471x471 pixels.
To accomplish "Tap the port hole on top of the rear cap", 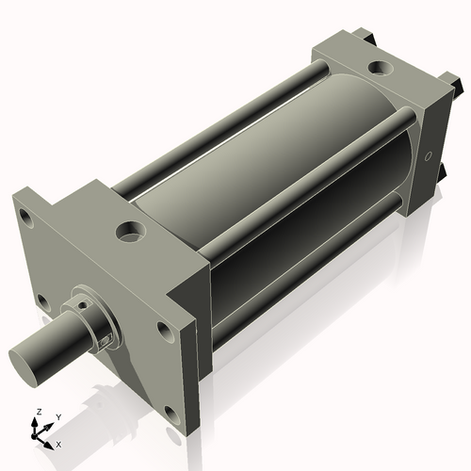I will click(381, 68).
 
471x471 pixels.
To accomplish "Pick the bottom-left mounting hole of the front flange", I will click(41, 301).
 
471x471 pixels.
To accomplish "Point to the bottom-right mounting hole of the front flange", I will click(168, 412).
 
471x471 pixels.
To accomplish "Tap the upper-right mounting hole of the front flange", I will click(165, 331).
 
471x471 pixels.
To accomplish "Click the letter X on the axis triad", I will click(59, 443).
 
